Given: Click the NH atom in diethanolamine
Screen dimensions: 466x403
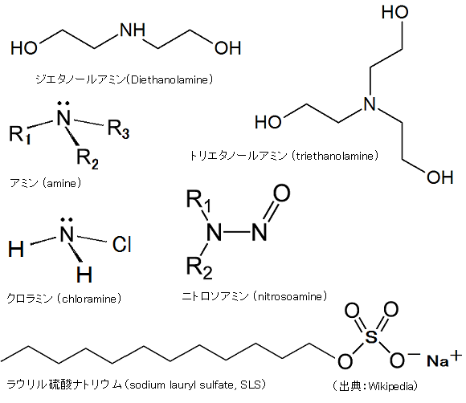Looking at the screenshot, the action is [x=133, y=30].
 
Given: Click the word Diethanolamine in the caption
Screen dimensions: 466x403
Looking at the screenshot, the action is [x=170, y=79].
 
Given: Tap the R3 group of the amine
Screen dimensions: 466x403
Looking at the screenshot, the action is [x=118, y=129].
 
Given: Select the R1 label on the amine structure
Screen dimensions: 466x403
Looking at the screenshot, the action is [x=20, y=135].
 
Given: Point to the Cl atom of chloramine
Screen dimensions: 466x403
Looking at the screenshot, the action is [x=122, y=244].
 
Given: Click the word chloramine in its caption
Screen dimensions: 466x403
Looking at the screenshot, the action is [x=89, y=299].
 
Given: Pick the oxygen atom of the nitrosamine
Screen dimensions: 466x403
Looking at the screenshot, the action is [x=281, y=193].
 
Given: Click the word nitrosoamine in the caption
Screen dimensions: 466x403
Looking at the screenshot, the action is [x=290, y=296].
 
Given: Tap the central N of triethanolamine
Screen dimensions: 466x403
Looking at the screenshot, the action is [x=370, y=104].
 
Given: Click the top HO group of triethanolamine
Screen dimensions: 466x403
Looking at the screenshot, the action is [x=395, y=12].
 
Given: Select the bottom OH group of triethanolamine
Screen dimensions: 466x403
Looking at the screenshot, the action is [x=440, y=177].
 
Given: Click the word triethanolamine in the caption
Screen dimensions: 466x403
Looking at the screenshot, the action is [x=335, y=156].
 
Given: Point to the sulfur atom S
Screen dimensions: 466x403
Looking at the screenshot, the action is [x=371, y=336].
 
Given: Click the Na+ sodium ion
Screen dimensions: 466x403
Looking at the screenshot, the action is [x=444, y=359].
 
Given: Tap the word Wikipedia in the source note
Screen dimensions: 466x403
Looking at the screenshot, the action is [x=391, y=386].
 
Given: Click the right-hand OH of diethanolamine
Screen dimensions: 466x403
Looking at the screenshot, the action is [x=227, y=48].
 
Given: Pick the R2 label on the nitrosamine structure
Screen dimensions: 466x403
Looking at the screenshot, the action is [x=199, y=268].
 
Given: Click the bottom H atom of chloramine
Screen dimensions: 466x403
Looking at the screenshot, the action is [x=84, y=275].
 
